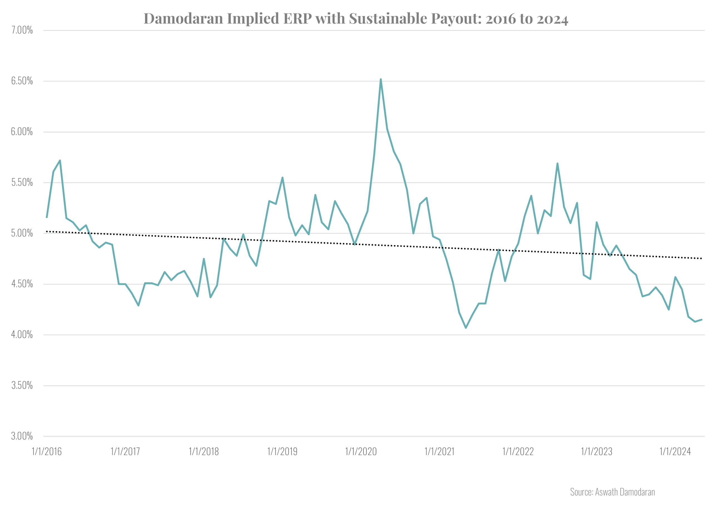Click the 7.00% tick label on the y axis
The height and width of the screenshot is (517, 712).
[x=22, y=30]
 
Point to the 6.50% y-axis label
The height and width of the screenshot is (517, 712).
[x=22, y=81]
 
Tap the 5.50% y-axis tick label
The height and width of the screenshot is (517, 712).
[x=22, y=182]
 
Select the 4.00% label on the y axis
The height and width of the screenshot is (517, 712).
[x=22, y=334]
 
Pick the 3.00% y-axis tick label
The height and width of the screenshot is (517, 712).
[x=22, y=436]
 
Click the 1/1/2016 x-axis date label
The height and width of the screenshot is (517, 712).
[x=47, y=451]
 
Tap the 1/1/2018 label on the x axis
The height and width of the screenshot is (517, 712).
[x=204, y=451]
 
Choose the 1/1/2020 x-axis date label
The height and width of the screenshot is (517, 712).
[x=361, y=451]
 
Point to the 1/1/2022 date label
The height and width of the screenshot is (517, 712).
[x=518, y=451]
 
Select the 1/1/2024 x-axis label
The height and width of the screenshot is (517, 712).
[x=675, y=451]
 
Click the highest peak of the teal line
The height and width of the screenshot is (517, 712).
[x=380, y=80]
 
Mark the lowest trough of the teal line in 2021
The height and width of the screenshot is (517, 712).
[x=466, y=328]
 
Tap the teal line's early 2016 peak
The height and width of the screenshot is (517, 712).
[x=60, y=161]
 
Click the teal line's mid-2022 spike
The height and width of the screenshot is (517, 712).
[x=557, y=163]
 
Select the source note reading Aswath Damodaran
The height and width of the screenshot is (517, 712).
[x=612, y=492]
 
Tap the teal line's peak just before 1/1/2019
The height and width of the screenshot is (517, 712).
[x=283, y=178]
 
